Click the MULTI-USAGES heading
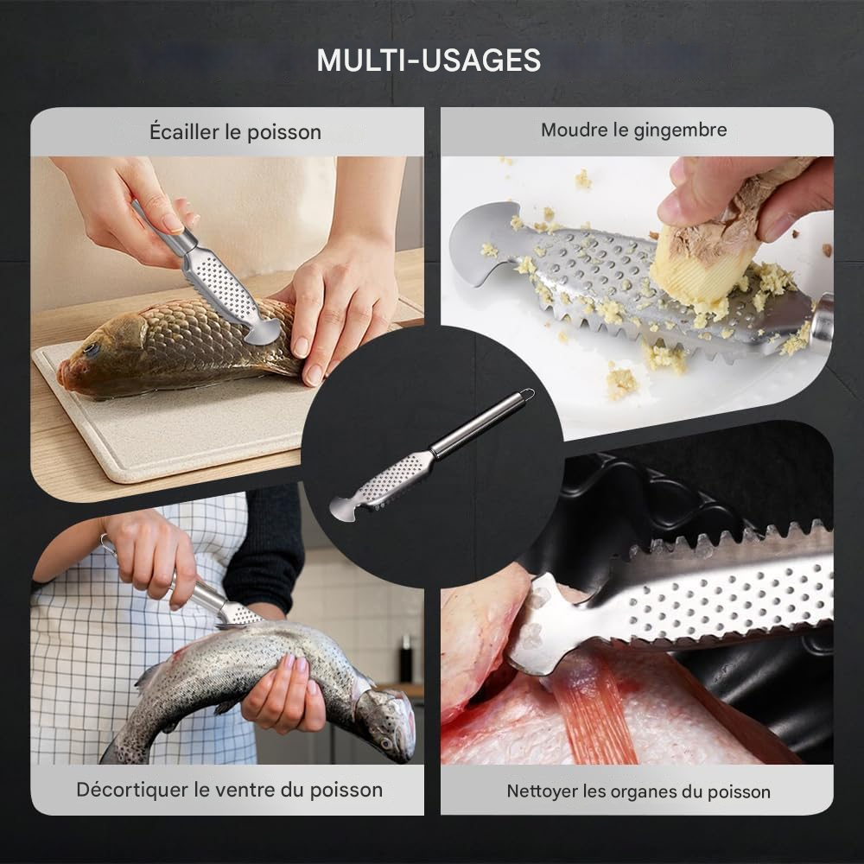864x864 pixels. click(429, 60)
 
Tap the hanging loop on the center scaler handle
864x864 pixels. click(520, 397)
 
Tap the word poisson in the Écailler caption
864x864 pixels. click(286, 132)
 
